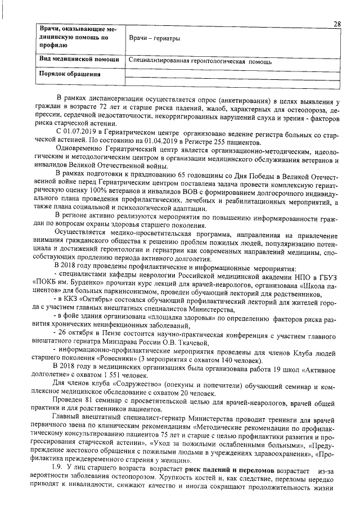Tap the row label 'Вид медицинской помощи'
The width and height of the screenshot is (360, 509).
[78, 59]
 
